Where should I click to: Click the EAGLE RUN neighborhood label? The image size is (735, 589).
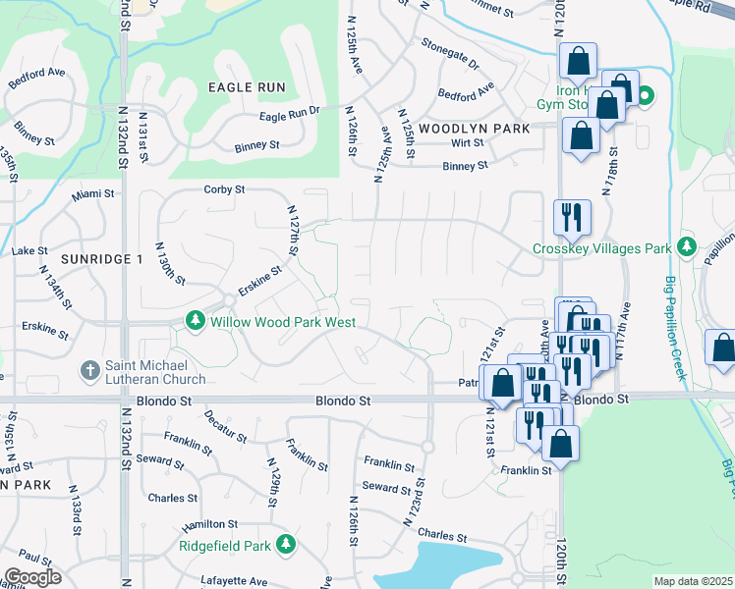[247, 87]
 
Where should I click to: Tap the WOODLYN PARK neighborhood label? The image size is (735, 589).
[474, 129]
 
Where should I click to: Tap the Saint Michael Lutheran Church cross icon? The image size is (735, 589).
[88, 370]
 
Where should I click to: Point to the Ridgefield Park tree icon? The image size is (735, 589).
[286, 543]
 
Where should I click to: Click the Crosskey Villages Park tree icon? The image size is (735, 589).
[687, 246]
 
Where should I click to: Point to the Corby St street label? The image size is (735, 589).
[223, 189]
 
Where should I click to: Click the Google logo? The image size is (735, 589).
[32, 577]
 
